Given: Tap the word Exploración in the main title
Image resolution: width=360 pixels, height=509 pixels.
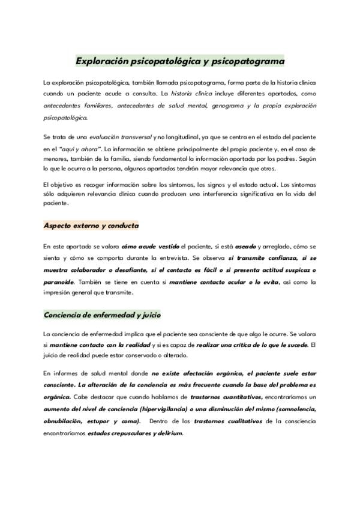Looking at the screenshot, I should click(x=103, y=61).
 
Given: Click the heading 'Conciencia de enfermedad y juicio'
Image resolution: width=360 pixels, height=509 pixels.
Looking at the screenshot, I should click(x=101, y=315).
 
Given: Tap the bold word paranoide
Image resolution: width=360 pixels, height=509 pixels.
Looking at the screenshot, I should click(x=58, y=282).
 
